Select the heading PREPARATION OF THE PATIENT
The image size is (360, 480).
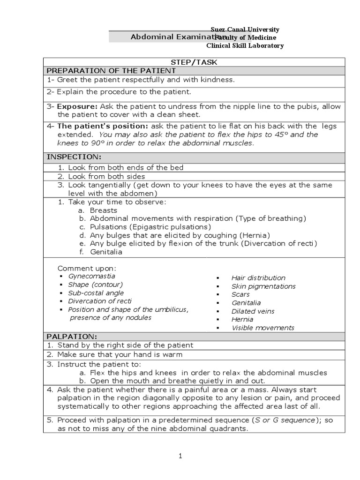[x=111, y=70]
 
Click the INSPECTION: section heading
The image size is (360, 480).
[x=73, y=156]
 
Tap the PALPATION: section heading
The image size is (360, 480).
[x=72, y=336]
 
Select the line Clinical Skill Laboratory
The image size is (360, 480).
[x=245, y=45]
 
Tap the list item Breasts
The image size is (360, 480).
[x=103, y=210]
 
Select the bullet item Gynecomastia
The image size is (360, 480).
[x=91, y=276]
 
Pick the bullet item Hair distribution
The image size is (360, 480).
[x=258, y=278]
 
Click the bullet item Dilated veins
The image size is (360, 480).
[x=253, y=311]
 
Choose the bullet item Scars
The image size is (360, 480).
[x=240, y=294]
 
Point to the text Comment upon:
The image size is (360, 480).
[x=86, y=268]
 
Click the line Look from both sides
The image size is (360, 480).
[x=106, y=176]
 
